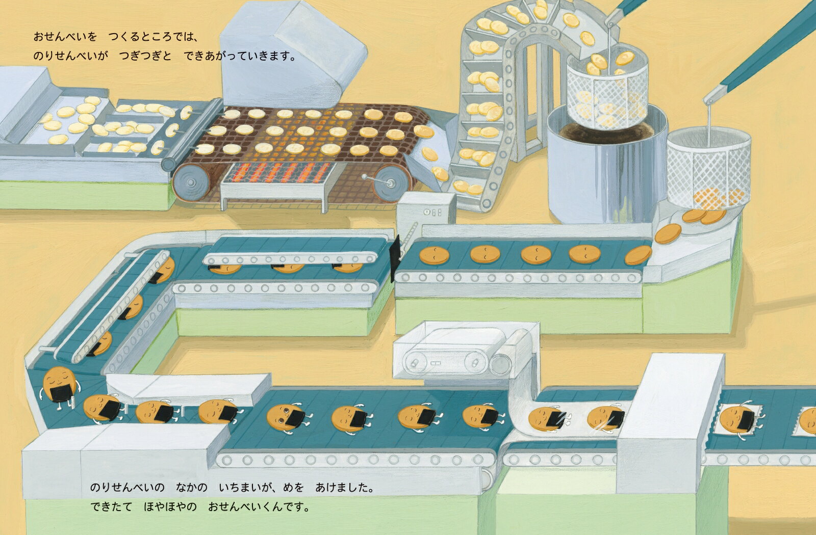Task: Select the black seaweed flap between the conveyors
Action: coord(395,258)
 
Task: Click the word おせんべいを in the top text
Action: coord(65,37)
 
